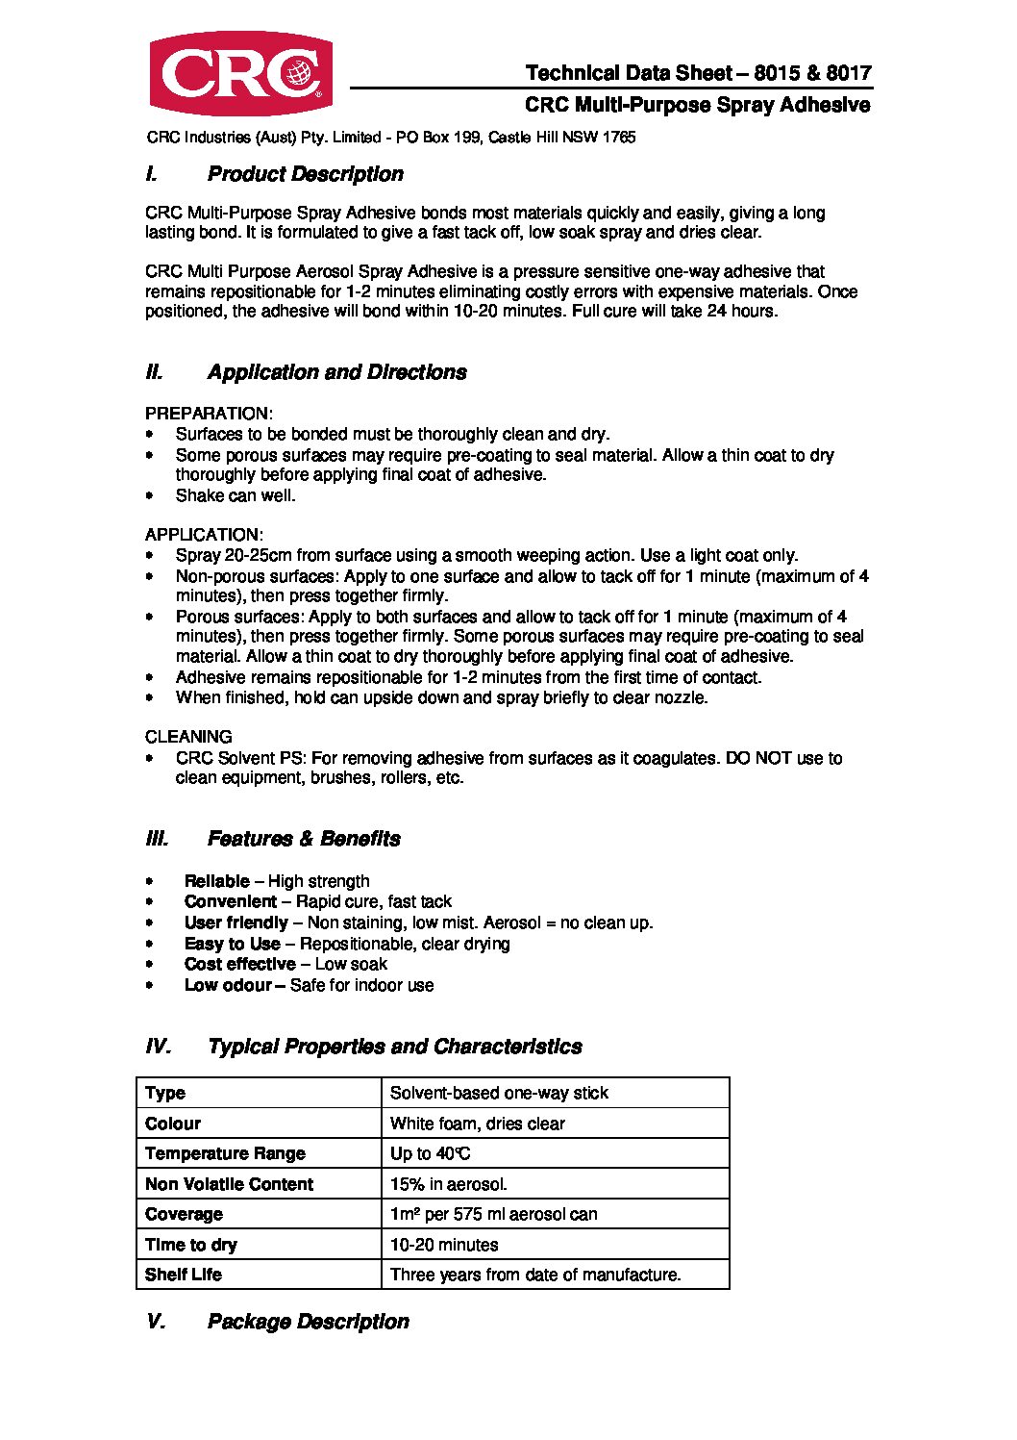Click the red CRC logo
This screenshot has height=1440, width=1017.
coord(240,74)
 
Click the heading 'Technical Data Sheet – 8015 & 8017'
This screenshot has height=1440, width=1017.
coord(698,73)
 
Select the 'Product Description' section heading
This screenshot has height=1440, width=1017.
coord(305,174)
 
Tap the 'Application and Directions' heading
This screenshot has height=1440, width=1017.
coord(336,372)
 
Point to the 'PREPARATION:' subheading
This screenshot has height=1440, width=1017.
coord(209,414)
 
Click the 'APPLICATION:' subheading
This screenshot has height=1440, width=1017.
coord(204,535)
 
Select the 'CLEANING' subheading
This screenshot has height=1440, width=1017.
coord(188,737)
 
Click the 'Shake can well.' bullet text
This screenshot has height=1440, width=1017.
coord(236,495)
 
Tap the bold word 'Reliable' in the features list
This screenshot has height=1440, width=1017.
coord(216,881)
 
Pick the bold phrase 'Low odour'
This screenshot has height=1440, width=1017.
coord(228,985)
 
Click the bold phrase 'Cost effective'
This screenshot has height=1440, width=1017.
coord(239,964)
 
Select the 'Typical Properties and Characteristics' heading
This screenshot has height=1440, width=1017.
coord(394,1047)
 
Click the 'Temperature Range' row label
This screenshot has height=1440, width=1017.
coord(225,1153)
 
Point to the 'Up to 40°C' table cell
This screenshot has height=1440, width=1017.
coord(430,1153)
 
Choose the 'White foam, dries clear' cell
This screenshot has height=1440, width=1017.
coord(477,1124)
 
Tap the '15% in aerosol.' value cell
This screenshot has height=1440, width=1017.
coord(448,1184)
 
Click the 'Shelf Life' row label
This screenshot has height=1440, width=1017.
coord(183,1275)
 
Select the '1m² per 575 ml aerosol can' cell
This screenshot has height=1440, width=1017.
coord(493,1214)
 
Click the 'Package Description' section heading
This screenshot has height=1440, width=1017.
coord(308,1322)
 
